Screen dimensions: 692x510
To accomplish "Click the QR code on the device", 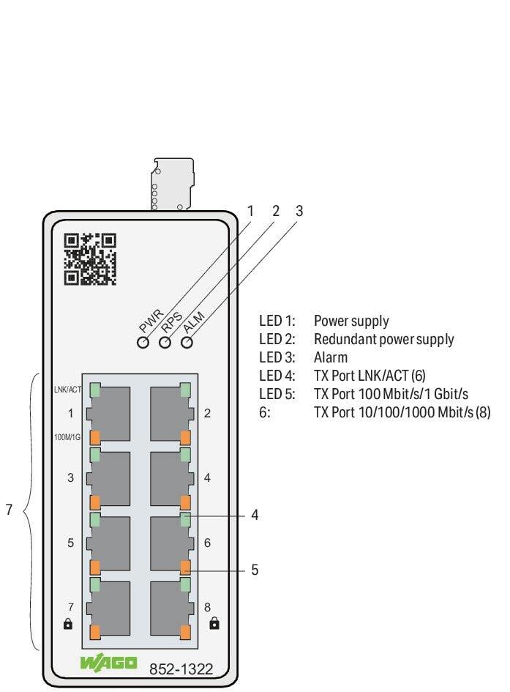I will [x=90, y=258].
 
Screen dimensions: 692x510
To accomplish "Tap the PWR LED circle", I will [x=143, y=342].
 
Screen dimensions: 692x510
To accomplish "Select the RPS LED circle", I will [x=165, y=342].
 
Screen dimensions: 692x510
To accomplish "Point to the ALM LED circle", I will [x=187, y=342].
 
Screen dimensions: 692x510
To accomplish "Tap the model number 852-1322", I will [x=181, y=668].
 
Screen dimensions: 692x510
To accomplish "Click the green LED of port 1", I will [x=95, y=390].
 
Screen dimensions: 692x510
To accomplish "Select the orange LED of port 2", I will [x=185, y=438].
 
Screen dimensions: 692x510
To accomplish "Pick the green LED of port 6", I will [x=185, y=520].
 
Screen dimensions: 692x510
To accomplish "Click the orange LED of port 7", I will [x=95, y=631].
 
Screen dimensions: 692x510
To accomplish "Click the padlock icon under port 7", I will [x=69, y=624].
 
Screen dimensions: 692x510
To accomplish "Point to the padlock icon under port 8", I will [x=214, y=624].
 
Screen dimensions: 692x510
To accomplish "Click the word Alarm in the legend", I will [x=331, y=358].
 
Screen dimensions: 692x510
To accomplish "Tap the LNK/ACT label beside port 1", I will [x=67, y=390].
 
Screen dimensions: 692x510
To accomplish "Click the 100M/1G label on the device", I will [x=67, y=437].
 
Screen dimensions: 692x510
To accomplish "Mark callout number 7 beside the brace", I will [x=10, y=510].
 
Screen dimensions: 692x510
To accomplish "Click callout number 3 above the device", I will [x=299, y=211].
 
